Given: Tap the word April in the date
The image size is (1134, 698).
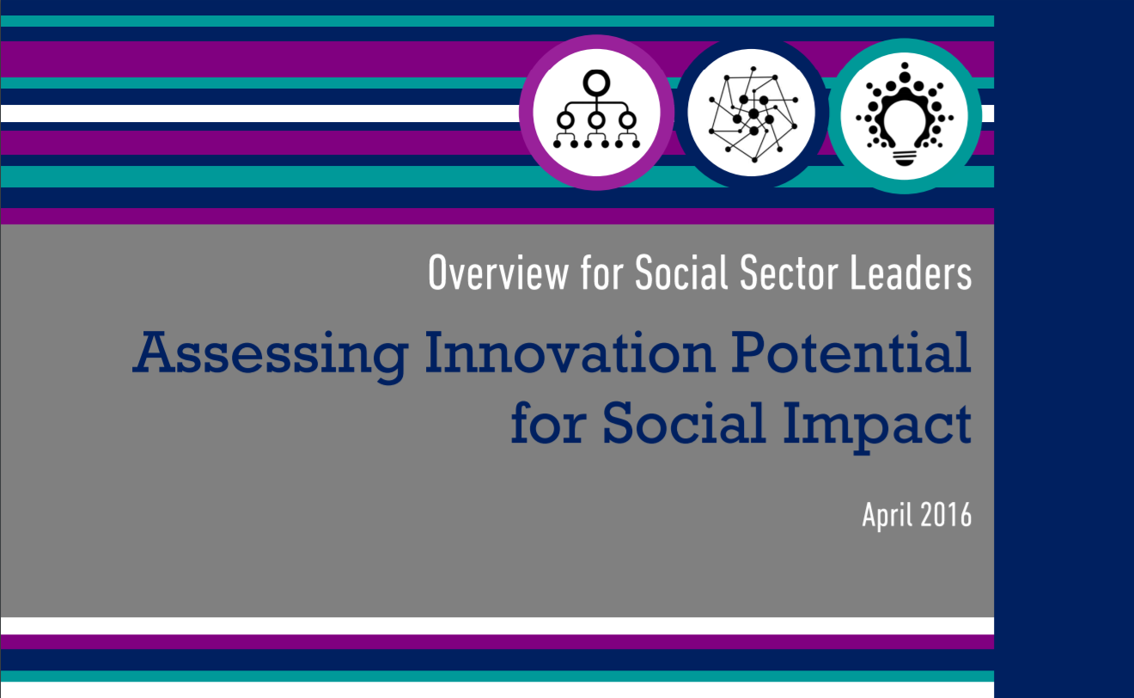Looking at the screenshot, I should (x=887, y=515).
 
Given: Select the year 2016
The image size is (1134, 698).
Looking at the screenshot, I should (x=946, y=515).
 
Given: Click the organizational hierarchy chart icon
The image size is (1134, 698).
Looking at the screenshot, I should (x=596, y=113).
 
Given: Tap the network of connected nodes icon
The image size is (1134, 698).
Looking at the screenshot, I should (x=752, y=113).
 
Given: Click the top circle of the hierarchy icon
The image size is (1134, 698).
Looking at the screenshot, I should (x=596, y=83).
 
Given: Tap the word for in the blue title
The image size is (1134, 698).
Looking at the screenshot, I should (x=547, y=422).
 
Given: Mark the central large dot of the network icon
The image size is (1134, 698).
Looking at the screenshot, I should (x=753, y=113).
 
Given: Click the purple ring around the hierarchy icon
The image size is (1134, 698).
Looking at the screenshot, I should (x=526, y=113).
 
